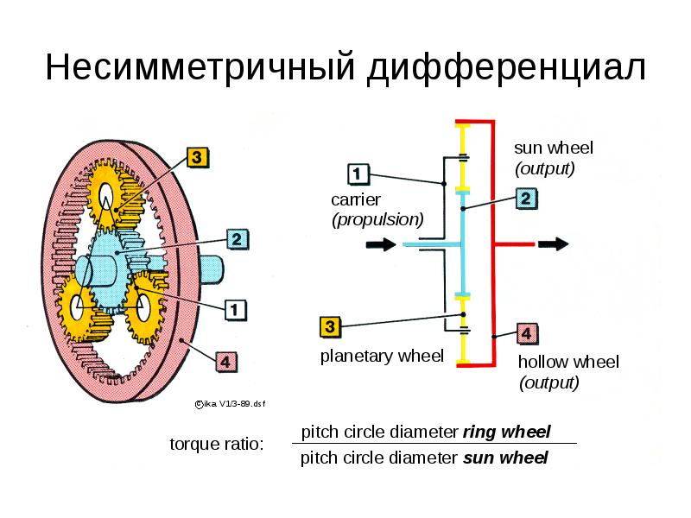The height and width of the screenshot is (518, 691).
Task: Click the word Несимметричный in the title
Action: tap(200, 67)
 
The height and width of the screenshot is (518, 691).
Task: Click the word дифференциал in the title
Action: tap(507, 68)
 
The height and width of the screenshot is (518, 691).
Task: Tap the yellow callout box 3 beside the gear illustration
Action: tap(197, 157)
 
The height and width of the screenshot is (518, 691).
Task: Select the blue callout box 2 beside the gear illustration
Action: tap(237, 240)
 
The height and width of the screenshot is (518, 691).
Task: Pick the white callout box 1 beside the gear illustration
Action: tap(235, 310)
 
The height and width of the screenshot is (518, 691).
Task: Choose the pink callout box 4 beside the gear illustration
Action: tap(225, 362)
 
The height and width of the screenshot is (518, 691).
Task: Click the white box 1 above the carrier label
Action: tap(358, 174)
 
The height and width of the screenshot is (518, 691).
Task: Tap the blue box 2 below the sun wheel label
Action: tap(526, 199)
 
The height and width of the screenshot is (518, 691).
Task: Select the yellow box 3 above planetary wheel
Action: tap(330, 327)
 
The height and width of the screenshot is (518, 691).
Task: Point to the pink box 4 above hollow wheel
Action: tap(527, 334)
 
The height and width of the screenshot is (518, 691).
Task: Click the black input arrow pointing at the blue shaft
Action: tap(381, 244)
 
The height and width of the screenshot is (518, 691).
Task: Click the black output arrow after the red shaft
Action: tap(554, 243)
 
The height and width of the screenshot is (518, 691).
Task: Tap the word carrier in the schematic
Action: tap(356, 200)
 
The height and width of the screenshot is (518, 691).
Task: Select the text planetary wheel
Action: tap(382, 356)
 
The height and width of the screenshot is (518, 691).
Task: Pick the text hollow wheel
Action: tap(568, 362)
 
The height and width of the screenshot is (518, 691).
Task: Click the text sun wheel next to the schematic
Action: tap(554, 148)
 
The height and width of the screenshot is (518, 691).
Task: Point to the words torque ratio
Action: tap(217, 444)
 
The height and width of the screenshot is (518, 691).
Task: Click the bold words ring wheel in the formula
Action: tap(506, 432)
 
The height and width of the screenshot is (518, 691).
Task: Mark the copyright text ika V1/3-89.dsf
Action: tap(230, 404)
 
